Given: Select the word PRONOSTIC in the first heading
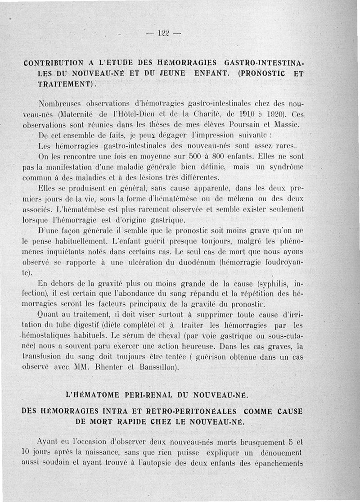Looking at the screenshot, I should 265,73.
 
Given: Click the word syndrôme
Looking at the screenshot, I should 281,167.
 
